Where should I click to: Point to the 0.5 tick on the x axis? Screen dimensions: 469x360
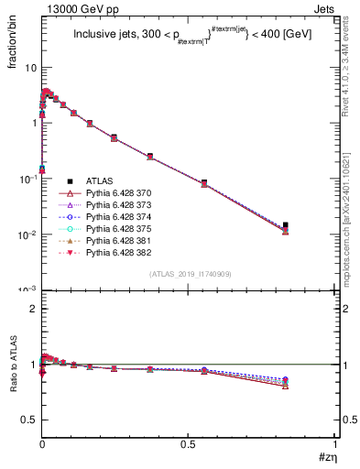189,445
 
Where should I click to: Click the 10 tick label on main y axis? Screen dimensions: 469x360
30,68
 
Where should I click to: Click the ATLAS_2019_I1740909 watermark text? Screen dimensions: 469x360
189,274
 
